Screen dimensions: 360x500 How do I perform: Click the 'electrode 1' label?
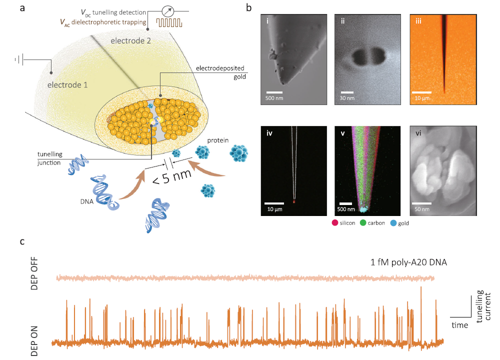67,84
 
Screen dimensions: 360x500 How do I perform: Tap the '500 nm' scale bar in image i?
274,92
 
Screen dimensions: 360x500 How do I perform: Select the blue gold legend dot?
393,223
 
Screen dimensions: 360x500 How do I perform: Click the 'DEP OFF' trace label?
34,276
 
